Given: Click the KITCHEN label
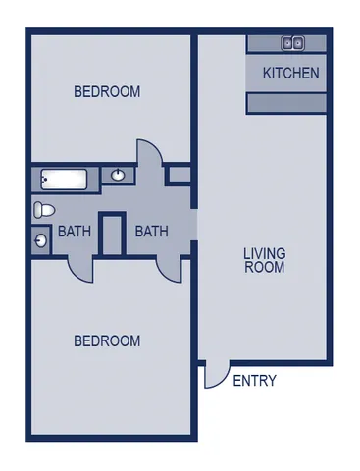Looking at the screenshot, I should click(x=290, y=73).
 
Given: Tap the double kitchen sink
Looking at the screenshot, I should click(x=293, y=43).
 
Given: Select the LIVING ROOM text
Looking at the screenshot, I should click(x=264, y=260).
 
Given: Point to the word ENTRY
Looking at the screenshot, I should click(x=254, y=381).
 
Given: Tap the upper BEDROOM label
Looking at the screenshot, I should click(x=107, y=92).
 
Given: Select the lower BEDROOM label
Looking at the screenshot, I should click(x=107, y=341).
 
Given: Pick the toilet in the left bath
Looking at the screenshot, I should click(x=42, y=209).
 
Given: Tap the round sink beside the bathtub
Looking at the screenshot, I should click(x=118, y=176).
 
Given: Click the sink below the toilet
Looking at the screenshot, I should click(x=40, y=237).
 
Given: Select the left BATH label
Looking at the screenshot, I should click(x=75, y=233).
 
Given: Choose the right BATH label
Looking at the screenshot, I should click(x=151, y=232).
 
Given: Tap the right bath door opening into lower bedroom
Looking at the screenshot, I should click(x=169, y=265).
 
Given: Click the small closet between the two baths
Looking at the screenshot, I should click(x=112, y=235).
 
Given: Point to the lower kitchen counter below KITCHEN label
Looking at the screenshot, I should click(x=285, y=103).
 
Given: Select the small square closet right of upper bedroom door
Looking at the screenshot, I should click(x=179, y=175).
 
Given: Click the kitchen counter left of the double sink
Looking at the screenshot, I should click(x=263, y=43).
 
